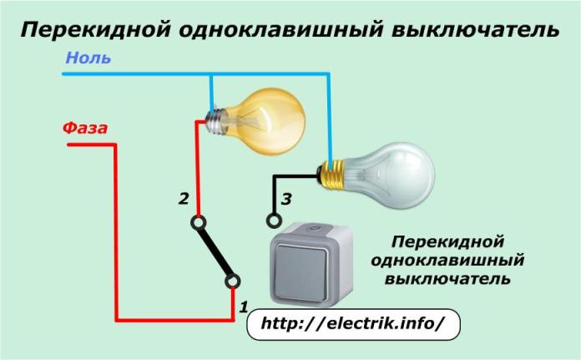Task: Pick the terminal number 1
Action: [244, 307]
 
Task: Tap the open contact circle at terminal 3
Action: [270, 221]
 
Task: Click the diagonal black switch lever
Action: [215, 252]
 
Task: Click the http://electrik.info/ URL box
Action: [355, 323]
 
